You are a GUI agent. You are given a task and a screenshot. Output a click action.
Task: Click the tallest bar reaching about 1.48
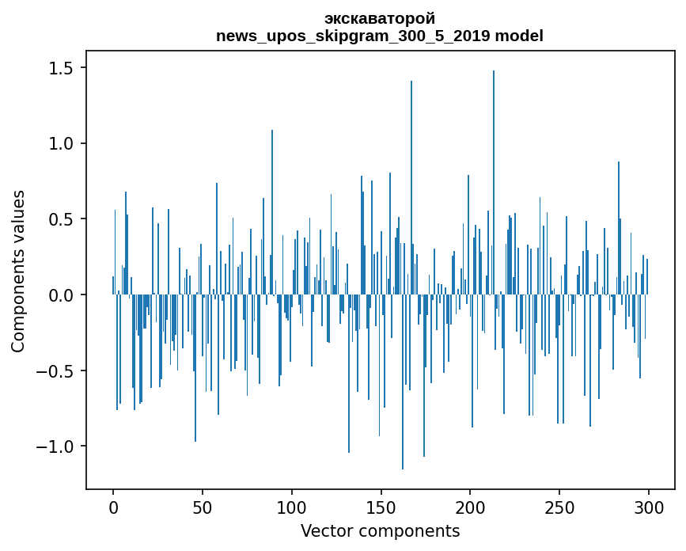tap(494, 183)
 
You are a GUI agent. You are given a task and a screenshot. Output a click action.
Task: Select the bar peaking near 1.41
tap(411, 188)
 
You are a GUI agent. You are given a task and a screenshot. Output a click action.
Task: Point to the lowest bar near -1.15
tap(403, 382)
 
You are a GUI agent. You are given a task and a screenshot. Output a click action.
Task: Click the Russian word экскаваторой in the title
tap(380, 19)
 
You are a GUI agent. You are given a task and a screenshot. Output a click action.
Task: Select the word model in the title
tap(519, 36)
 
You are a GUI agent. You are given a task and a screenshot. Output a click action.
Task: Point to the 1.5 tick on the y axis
tap(61, 68)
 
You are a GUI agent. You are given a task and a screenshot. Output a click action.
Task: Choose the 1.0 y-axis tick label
tap(61, 143)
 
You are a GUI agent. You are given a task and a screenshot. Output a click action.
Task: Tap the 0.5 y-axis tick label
tap(61, 219)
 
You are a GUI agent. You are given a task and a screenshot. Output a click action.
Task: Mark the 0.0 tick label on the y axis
tap(61, 295)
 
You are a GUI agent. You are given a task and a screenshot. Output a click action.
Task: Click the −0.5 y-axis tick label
tap(55, 370)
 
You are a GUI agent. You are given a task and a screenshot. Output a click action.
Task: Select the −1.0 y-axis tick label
tap(55, 446)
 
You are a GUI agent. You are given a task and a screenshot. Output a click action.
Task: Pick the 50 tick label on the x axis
tap(202, 508)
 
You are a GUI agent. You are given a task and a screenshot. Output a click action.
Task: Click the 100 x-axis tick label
tap(291, 508)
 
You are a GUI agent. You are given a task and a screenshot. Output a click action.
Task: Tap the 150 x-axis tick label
tap(381, 508)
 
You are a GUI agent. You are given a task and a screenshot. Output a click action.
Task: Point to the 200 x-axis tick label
tap(470, 508)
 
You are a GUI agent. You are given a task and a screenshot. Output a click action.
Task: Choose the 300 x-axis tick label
tap(648, 508)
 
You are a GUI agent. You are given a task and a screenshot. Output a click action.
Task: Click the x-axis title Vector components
tap(380, 531)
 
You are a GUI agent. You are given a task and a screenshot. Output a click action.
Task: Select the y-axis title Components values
tap(18, 272)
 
